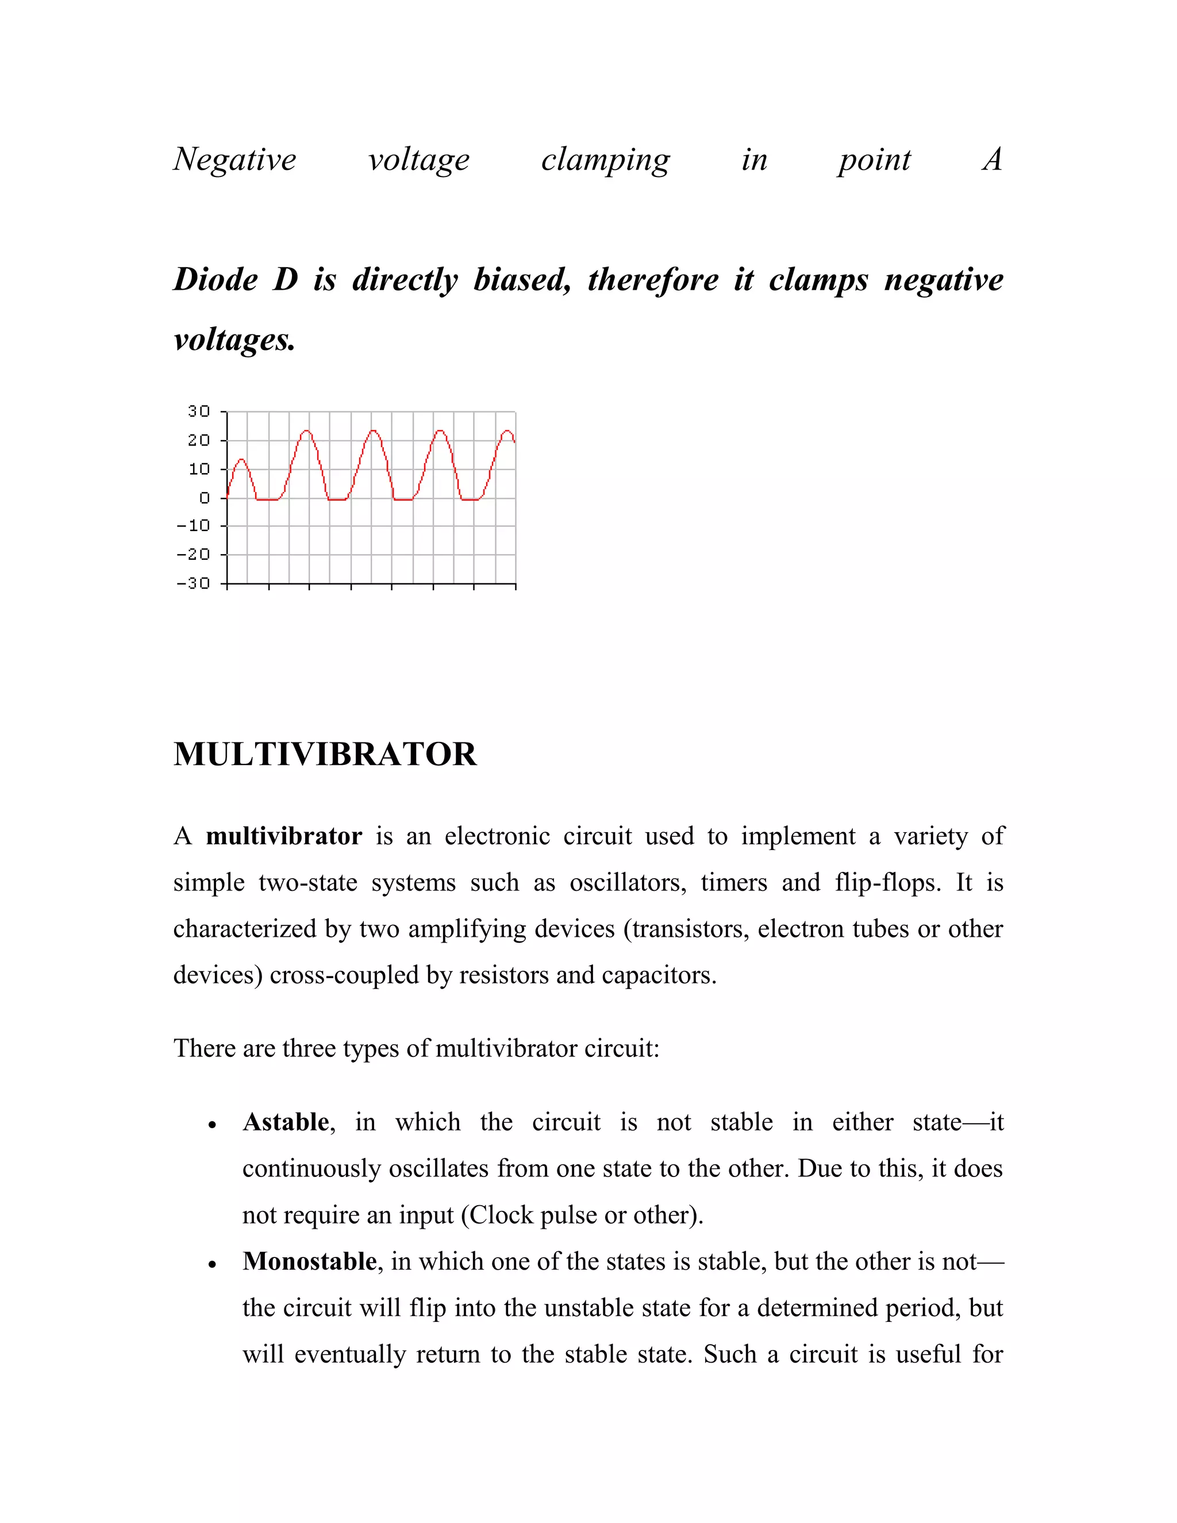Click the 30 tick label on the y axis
click(x=199, y=411)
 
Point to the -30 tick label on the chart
click(x=193, y=583)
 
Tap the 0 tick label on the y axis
click(x=204, y=498)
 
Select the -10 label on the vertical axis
click(x=193, y=526)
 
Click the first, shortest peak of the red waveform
click(x=241, y=460)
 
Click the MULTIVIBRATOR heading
click(x=325, y=755)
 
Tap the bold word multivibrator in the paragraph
click(x=284, y=836)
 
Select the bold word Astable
click(x=286, y=1122)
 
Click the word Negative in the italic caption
click(x=235, y=160)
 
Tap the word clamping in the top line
click(x=605, y=160)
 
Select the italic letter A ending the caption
click(x=992, y=160)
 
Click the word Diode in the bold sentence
click(x=216, y=280)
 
